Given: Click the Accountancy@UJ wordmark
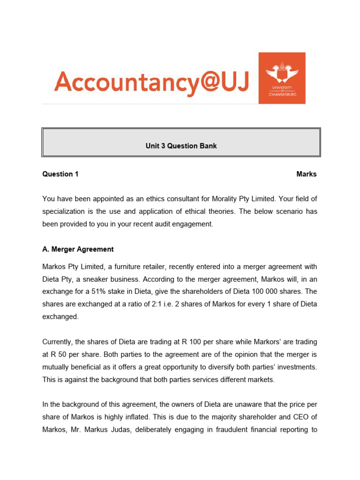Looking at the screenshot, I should [151, 82].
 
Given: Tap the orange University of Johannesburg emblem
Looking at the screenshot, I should [282, 78].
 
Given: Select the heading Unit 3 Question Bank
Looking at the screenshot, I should [181, 146].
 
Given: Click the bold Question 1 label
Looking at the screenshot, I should [60, 174].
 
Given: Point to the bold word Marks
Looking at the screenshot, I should [307, 174].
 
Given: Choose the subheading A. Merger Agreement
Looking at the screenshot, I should [78, 249].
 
